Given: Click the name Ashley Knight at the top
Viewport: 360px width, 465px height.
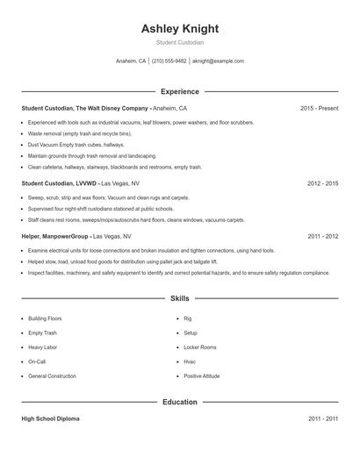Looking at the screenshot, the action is pyautogui.click(x=180, y=29).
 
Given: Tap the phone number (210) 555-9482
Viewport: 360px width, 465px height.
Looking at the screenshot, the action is pyautogui.click(x=169, y=61).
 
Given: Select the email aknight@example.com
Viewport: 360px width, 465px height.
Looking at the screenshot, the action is pyautogui.click(x=218, y=61).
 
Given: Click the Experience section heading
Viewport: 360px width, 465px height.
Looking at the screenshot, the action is pyautogui.click(x=180, y=91).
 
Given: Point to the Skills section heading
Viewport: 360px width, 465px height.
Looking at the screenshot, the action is pyautogui.click(x=180, y=299).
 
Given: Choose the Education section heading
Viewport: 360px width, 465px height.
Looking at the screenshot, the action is pyautogui.click(x=180, y=402).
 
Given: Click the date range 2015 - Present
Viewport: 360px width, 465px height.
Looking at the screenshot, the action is pyautogui.click(x=319, y=108).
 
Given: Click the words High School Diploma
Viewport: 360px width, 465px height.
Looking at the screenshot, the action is pyautogui.click(x=50, y=419).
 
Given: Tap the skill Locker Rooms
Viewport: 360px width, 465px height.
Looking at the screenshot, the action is pyautogui.click(x=200, y=347).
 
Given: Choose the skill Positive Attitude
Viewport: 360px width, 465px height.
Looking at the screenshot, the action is pyautogui.click(x=203, y=376).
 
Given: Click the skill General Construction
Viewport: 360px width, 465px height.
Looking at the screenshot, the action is pyautogui.click(x=52, y=376).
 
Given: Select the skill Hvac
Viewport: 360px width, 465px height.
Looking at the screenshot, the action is pyautogui.click(x=190, y=361).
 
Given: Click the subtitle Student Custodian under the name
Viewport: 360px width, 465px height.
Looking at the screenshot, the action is pyautogui.click(x=180, y=43).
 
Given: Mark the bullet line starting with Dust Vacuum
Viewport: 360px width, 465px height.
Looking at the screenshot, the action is pyautogui.click(x=76, y=144).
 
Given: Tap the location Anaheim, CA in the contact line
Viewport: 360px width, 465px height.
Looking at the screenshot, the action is pyautogui.click(x=131, y=61).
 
